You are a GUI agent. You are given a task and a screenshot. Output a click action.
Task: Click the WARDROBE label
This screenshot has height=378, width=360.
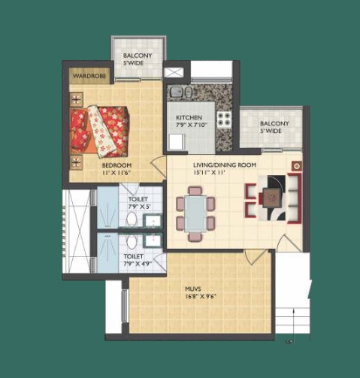coord(89,76)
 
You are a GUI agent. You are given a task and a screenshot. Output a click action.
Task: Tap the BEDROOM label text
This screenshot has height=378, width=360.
coord(116,165)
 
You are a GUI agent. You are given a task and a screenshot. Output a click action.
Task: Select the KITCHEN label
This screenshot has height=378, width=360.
coord(189,117)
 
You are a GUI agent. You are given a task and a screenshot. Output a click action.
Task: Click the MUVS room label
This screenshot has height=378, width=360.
coord(193,289)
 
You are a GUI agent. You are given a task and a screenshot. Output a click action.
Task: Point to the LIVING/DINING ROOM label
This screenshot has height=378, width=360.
coord(225,165)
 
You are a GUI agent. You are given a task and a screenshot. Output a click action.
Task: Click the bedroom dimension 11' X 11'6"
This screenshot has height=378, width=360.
coord(116,173)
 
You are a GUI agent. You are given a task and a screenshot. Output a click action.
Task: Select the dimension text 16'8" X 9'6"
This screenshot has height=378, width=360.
coord(201,297)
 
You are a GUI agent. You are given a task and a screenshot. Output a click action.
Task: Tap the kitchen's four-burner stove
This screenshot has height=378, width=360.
coord(224,119)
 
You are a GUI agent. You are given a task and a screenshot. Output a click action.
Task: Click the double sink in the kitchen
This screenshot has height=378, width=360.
coord(180,92)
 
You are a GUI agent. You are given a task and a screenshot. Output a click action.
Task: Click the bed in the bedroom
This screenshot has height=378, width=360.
coord(100,131)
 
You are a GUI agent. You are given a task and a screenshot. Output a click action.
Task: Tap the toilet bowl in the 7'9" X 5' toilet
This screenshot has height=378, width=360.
coord(132,219)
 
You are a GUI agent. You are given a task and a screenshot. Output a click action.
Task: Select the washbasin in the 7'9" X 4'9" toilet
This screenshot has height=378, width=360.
coord(153,241)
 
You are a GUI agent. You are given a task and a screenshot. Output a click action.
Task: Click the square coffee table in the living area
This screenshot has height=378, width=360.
coord(272,198)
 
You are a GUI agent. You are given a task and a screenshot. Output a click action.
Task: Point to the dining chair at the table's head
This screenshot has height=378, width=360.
coord(195,190)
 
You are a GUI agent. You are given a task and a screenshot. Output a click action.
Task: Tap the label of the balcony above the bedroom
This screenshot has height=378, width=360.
coord(138,59)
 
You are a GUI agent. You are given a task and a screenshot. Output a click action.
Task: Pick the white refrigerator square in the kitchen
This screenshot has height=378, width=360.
coord(177,142)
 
